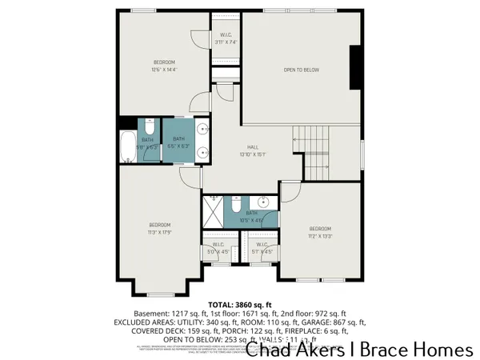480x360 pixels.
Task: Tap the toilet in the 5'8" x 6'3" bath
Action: pos(149,126)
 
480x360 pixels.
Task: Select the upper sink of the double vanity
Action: pos(201,128)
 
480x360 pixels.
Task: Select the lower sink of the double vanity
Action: pos(201,150)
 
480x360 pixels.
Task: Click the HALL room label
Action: pos(252,150)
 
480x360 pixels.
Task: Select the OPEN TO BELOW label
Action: pos(301,70)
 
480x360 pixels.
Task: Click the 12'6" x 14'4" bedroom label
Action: pos(164,66)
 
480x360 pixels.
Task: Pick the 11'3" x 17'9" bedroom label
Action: pos(159,228)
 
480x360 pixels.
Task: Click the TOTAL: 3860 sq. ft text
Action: pos(239,305)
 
